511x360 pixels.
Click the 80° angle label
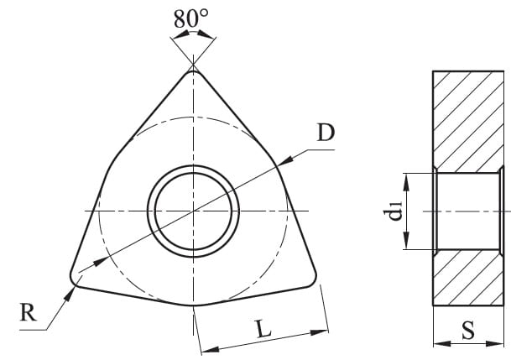click(190, 18)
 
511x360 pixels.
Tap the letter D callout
click(326, 133)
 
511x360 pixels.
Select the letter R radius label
click(28, 312)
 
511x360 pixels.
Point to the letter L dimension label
click(263, 328)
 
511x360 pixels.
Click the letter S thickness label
click(468, 331)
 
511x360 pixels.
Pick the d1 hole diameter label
click(393, 211)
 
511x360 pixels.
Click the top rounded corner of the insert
click(193, 72)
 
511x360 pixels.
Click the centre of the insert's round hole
click(193, 211)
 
